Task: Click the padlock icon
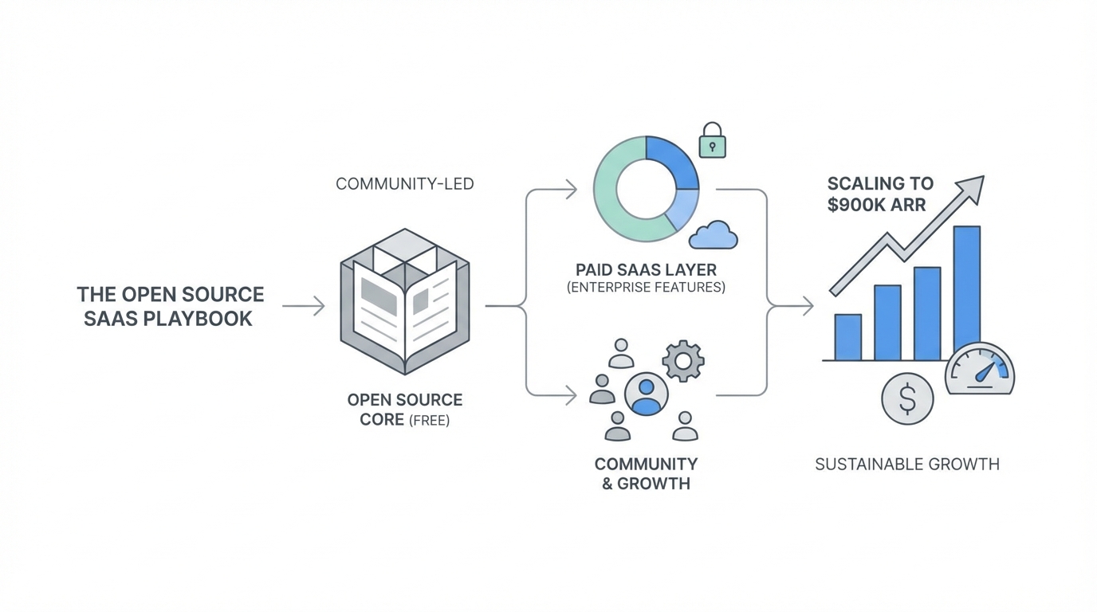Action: [x=712, y=141]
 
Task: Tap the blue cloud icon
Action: [x=714, y=235]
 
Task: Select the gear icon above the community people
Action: [x=683, y=360]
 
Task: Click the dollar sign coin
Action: [x=907, y=398]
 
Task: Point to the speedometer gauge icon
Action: [x=980, y=371]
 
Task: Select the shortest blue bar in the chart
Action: [x=847, y=337]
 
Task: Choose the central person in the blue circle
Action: [x=646, y=394]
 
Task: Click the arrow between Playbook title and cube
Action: [x=304, y=305]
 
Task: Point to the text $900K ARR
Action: [x=876, y=205]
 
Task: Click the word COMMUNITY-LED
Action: [x=404, y=184]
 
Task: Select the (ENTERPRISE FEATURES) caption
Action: [x=646, y=287]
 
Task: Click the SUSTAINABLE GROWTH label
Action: [x=906, y=464]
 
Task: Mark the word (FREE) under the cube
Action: [x=429, y=420]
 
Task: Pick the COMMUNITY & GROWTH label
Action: [x=646, y=473]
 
